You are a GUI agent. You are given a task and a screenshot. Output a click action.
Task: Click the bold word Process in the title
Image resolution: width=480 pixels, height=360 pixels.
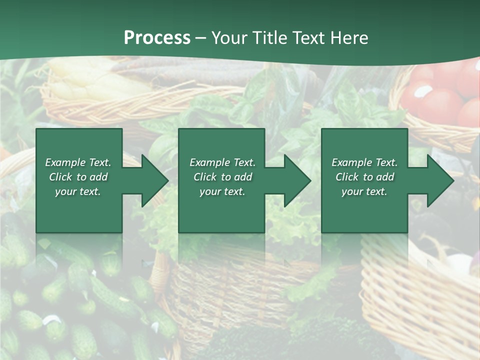[x=157, y=38]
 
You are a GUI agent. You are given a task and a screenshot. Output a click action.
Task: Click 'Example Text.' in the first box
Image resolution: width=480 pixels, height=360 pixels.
[x=78, y=162]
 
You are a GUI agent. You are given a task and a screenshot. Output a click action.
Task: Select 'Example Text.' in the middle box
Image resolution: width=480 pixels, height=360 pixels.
[x=222, y=162]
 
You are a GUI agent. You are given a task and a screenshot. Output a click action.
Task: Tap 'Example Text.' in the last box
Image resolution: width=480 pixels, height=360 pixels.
[x=364, y=162]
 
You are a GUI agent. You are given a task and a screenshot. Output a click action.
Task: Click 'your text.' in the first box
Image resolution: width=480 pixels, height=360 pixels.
[x=78, y=191]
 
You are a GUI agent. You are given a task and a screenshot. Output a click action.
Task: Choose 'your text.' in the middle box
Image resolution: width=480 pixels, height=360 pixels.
[x=222, y=191]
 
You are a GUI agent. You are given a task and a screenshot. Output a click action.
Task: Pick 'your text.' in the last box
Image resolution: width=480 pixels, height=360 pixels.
[x=364, y=191]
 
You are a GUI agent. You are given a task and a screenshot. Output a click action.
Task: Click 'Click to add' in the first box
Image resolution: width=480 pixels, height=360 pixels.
[x=78, y=177]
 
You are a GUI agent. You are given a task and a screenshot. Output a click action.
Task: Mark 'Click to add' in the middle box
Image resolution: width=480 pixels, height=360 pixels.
[x=222, y=177]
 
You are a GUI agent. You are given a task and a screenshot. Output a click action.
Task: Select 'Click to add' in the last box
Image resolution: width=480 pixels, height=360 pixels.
[x=364, y=177]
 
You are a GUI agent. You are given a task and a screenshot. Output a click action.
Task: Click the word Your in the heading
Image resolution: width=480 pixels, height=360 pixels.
[x=229, y=38]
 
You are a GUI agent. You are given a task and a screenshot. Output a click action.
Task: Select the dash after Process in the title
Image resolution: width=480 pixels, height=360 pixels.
[x=201, y=38]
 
